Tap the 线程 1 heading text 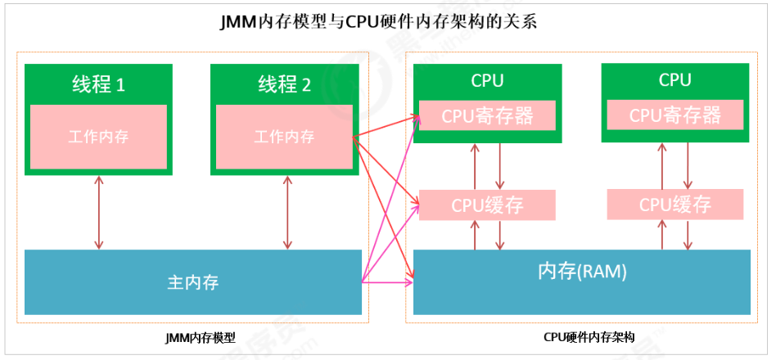pyautogui.click(x=97, y=84)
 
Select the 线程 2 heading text pyautogui.click(x=284, y=84)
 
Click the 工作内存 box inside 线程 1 pyautogui.click(x=98, y=136)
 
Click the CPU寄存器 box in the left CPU pyautogui.click(x=487, y=115)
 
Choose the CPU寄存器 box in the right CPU pyautogui.click(x=675, y=115)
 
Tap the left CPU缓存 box pyautogui.click(x=487, y=205)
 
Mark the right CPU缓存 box pyautogui.click(x=675, y=205)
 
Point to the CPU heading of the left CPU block pyautogui.click(x=487, y=80)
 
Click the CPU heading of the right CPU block pyautogui.click(x=675, y=80)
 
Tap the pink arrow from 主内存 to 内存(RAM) pyautogui.click(x=389, y=284)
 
